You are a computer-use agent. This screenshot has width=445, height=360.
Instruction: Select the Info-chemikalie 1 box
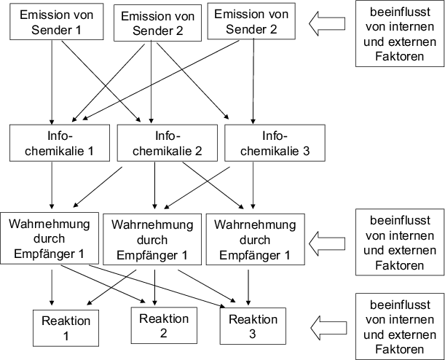52,144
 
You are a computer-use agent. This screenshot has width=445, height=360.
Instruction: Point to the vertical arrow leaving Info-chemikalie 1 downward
52,186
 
